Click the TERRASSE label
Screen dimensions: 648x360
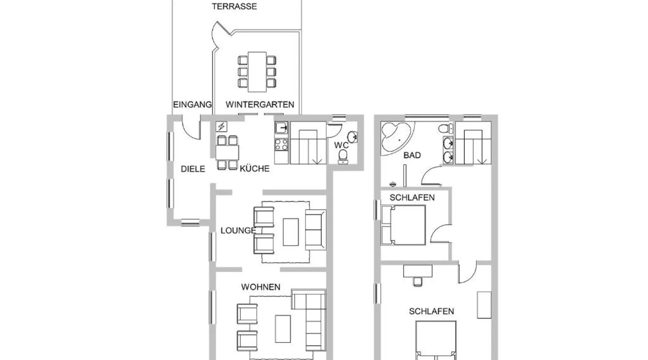(234, 6)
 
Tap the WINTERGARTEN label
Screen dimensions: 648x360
(260, 104)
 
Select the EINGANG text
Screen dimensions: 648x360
(192, 105)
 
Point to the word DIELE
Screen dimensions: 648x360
(193, 169)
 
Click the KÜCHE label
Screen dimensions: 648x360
(255, 168)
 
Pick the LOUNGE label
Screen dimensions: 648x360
(238, 230)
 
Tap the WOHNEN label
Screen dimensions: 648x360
(261, 287)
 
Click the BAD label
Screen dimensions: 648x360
(412, 155)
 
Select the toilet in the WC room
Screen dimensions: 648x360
(343, 156)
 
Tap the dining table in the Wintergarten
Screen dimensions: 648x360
(257, 72)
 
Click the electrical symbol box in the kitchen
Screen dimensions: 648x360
(221, 127)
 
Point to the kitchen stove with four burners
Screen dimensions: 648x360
(282, 145)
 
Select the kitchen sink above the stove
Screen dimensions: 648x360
(282, 128)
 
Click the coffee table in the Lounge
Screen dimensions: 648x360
(291, 232)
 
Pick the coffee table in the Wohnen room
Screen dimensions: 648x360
(283, 329)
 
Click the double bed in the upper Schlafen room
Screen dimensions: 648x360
(404, 225)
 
